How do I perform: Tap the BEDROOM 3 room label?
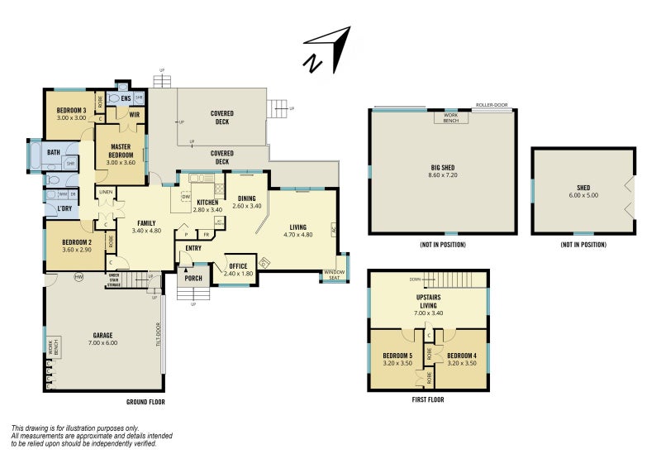point(72,114)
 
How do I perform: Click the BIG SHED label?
point(443,171)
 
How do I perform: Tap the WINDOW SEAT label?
point(335,275)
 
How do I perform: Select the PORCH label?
point(193,278)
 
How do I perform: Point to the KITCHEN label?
point(207,206)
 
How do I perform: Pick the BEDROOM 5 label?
point(397,359)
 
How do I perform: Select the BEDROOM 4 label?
point(462,359)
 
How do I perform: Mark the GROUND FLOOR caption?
point(145,403)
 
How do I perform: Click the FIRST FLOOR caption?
point(428,399)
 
